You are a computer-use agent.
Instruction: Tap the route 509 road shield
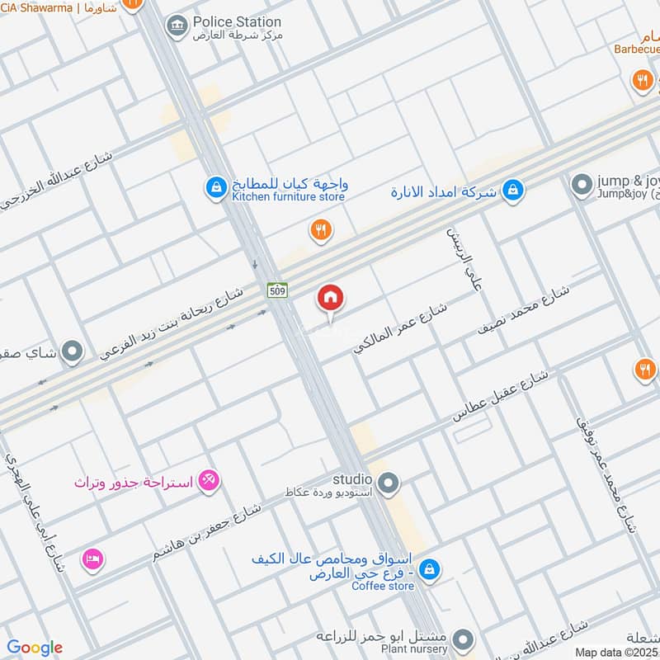276,290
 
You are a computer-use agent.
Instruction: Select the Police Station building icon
176,27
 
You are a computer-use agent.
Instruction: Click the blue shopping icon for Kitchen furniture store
215,189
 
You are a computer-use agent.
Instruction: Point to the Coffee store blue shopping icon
429,569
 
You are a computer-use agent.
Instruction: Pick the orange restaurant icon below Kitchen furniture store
321,231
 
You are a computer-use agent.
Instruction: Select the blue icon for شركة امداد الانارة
513,191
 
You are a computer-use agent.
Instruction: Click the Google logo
35,648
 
